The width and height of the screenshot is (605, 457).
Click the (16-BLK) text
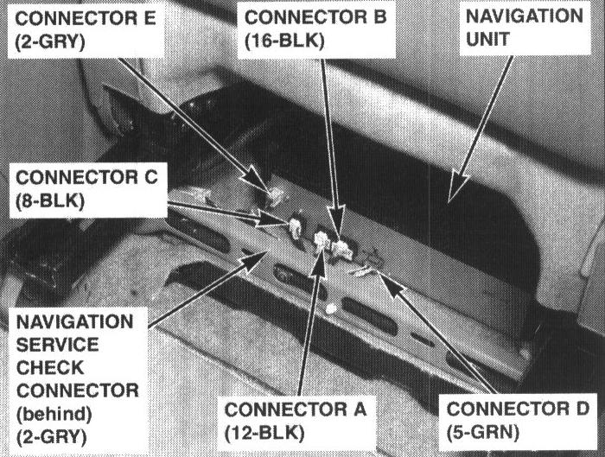[x=284, y=40]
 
